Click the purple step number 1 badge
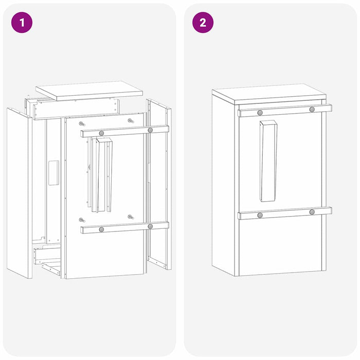click(22, 23)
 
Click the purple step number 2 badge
click(203, 23)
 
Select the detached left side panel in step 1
click(20, 192)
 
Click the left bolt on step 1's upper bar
click(101, 133)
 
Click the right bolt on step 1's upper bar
click(150, 130)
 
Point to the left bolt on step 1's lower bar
click(101, 229)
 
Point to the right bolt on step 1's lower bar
click(150, 226)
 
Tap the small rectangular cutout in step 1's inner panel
click(53, 172)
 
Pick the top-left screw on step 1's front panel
click(82, 123)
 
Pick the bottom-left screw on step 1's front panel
click(82, 220)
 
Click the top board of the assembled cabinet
click(268, 94)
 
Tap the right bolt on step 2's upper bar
click(312, 110)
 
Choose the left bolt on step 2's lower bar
click(260, 215)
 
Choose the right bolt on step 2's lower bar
click(312, 212)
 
